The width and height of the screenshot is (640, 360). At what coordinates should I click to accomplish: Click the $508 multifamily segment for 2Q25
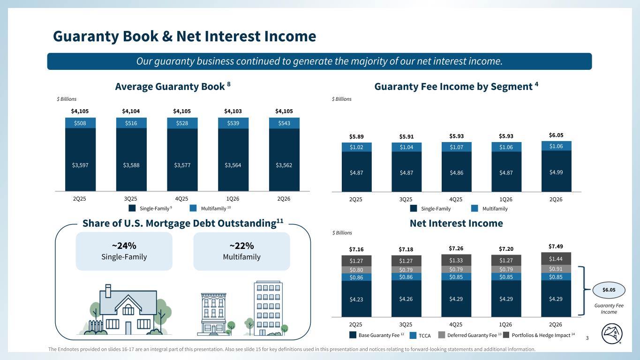80,123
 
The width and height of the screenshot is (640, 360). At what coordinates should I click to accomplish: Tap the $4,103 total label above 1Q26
233,111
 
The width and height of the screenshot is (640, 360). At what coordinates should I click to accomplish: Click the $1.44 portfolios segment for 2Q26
556,259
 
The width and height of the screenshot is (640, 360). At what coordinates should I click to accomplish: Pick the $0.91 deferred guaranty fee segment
556,269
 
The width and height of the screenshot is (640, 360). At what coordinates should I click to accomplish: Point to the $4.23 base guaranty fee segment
356,299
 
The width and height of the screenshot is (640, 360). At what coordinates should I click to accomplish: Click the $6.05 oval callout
609,290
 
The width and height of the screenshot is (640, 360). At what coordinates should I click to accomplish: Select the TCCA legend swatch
413,336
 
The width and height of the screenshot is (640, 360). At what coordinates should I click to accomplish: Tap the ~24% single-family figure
124,246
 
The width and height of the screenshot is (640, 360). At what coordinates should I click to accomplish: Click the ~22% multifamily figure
242,246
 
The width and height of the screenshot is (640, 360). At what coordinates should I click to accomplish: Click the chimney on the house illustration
108,291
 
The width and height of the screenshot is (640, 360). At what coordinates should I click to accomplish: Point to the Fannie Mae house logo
612,334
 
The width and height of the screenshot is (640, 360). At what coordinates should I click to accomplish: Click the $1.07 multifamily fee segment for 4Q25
457,147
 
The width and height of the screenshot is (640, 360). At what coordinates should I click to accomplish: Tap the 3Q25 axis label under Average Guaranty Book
130,199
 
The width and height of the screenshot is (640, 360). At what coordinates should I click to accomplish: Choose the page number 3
587,338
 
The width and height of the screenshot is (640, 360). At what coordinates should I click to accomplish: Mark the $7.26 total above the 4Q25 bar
456,248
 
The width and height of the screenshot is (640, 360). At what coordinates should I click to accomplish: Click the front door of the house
128,328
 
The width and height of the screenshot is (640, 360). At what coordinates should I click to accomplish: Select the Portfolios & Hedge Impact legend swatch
506,335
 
